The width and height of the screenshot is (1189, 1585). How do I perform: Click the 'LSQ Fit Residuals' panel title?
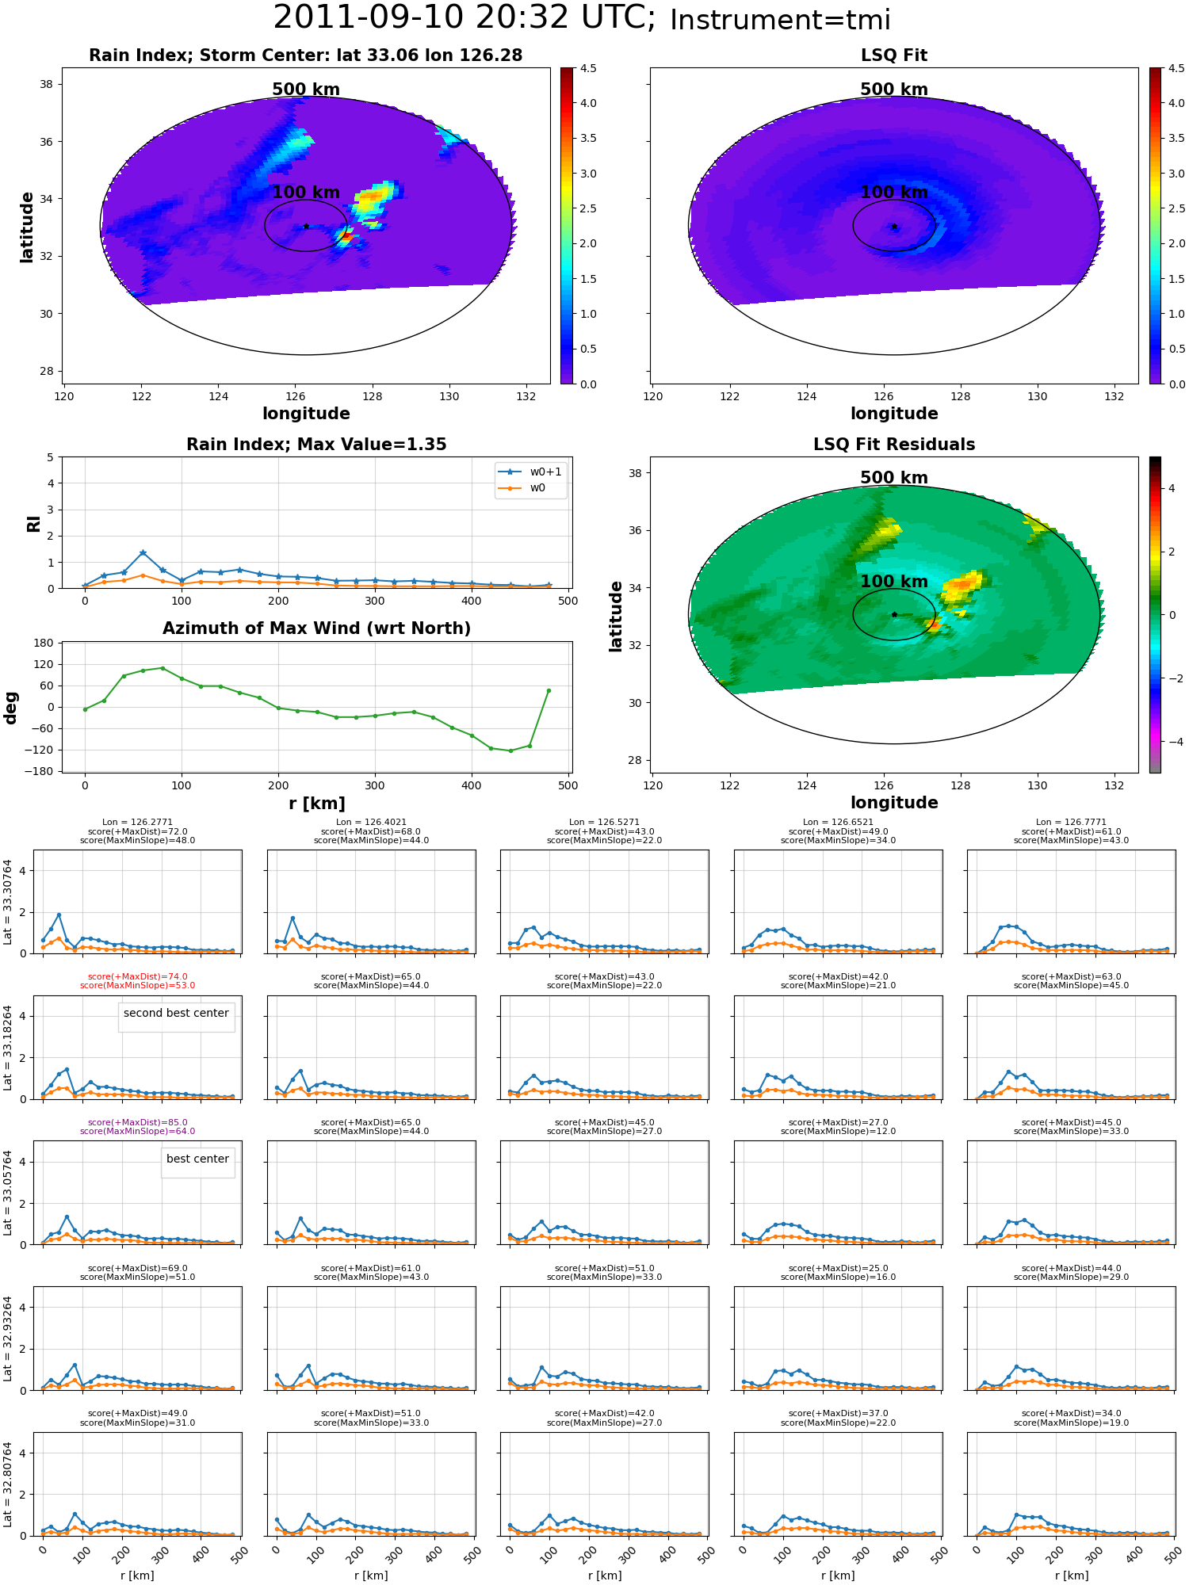point(894,445)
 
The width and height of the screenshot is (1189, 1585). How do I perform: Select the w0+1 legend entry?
point(530,472)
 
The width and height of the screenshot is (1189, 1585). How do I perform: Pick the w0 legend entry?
point(522,488)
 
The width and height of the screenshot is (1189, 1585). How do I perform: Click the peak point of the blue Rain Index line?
point(143,552)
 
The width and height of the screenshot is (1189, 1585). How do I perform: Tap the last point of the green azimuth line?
point(549,690)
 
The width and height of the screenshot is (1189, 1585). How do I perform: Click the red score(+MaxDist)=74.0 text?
point(138,977)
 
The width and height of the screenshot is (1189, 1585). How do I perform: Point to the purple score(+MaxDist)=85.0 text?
point(138,1123)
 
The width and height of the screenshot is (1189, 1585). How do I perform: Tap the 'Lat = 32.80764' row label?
point(8,1484)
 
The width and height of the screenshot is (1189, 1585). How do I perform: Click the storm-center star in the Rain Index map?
point(306,227)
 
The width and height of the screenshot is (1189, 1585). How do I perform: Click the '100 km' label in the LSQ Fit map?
point(894,193)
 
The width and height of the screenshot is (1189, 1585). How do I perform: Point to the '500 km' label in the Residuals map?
point(894,478)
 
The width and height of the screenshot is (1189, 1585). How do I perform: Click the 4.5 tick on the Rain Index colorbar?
point(588,68)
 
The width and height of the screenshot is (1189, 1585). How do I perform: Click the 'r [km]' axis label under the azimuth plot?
point(317,804)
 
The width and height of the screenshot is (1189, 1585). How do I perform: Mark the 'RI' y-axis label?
point(33,523)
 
